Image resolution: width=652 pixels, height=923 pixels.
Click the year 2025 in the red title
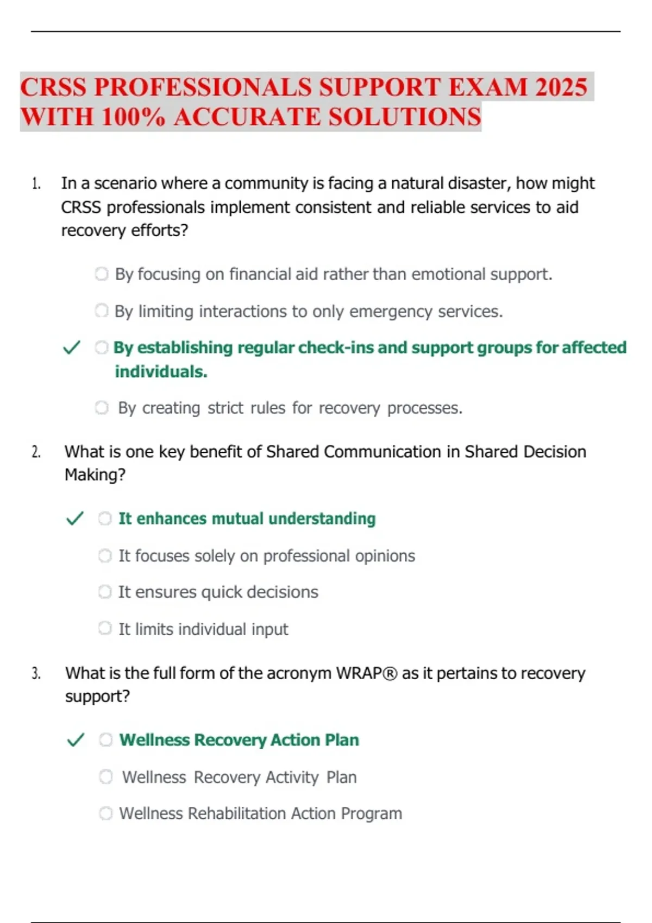pos(561,87)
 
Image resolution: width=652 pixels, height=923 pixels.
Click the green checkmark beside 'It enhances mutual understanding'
pos(74,519)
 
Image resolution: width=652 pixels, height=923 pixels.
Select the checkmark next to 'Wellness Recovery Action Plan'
pos(75,739)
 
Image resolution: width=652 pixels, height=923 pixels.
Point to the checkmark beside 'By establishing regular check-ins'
pos(72,347)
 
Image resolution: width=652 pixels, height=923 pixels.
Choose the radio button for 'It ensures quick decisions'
pos(104,591)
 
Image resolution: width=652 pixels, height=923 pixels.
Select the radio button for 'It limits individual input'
pos(104,628)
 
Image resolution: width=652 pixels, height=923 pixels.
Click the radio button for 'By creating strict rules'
pos(102,407)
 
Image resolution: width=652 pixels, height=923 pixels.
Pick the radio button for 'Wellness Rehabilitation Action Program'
pos(105,813)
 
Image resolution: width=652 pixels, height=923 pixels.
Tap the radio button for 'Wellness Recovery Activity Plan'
pos(105,776)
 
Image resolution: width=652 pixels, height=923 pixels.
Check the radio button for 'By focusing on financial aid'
pos(102,274)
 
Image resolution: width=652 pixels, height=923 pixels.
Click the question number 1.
pos(36,184)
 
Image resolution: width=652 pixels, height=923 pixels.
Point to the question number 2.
pos(36,452)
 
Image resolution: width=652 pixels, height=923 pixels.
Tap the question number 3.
pos(36,673)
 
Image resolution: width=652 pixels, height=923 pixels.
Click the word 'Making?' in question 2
pos(95,475)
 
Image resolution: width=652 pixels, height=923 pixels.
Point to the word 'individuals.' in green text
pos(161,371)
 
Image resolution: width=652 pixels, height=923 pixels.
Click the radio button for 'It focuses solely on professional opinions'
pos(104,555)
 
